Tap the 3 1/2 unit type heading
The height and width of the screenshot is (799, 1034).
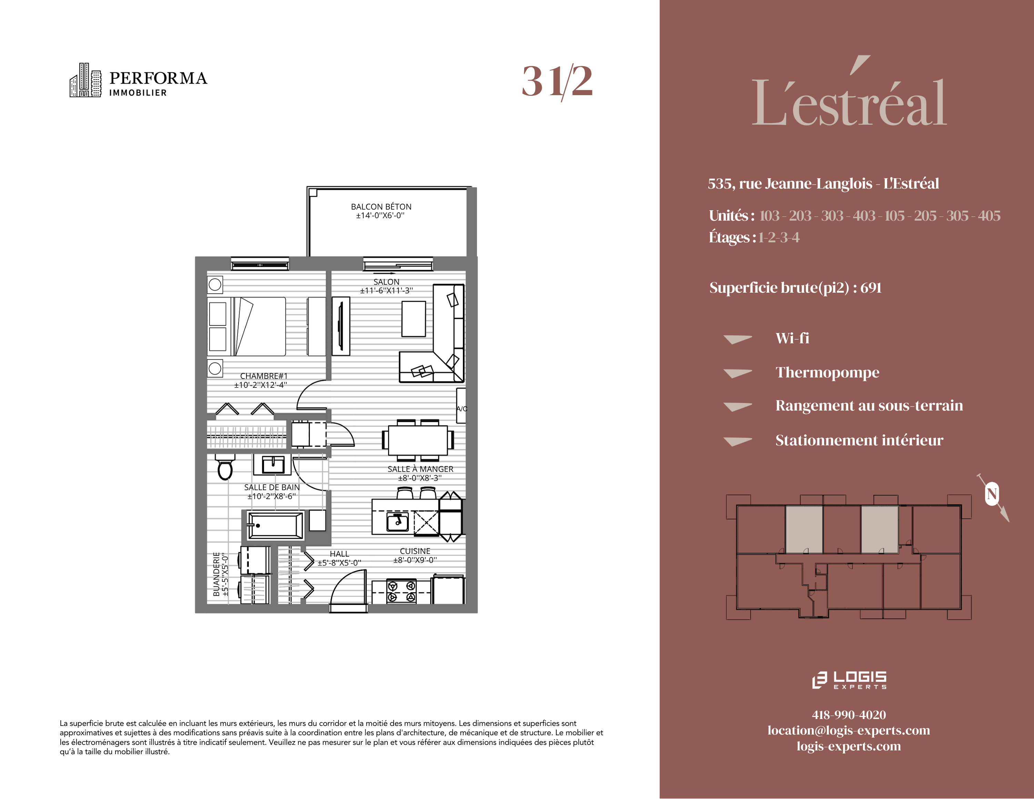click(557, 81)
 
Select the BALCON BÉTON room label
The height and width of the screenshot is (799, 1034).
click(381, 207)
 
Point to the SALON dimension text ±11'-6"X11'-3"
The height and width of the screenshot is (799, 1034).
click(386, 291)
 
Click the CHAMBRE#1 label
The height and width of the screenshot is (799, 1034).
click(264, 376)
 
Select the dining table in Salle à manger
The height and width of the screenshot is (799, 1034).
click(418, 440)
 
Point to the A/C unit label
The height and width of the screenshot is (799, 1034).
click(462, 409)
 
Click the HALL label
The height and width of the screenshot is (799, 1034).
click(339, 554)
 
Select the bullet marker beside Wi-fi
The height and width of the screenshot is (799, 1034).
click(737, 339)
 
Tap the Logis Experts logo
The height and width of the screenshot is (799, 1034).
click(849, 680)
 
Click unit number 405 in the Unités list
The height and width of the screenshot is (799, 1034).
click(989, 216)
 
